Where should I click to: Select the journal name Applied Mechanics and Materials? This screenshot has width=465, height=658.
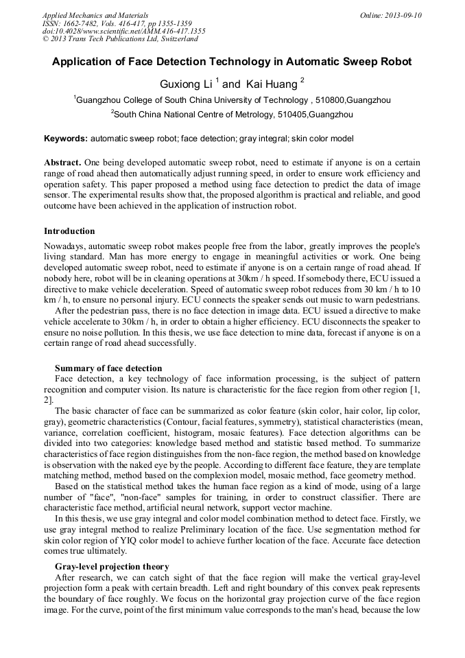click(x=95, y=15)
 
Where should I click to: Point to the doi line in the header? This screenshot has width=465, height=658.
click(x=123, y=32)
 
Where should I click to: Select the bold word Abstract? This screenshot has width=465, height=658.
click(x=62, y=163)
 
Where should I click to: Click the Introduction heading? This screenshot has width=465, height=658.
click(x=69, y=231)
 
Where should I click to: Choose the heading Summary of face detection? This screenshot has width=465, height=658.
click(x=108, y=368)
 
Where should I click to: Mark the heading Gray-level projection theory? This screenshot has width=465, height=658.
click(x=112, y=566)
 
